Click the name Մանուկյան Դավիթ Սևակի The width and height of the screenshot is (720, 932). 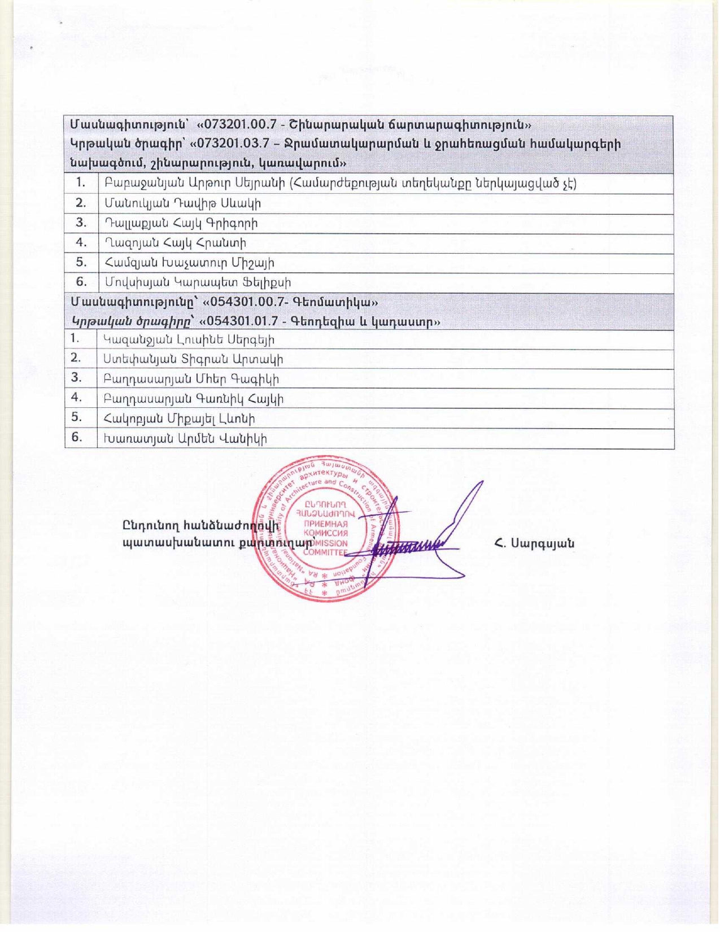click(182, 203)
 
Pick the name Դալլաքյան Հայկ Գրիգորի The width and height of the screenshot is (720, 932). click(181, 223)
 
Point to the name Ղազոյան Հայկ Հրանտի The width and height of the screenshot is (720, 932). click(175, 243)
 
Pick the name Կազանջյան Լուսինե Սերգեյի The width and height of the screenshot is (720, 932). click(189, 340)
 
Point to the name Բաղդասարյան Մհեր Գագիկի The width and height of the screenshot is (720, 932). click(191, 380)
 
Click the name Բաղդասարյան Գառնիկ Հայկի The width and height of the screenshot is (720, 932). click(193, 399)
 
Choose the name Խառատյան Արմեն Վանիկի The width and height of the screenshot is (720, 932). click(185, 439)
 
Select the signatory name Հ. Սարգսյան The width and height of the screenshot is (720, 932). click(534, 543)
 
